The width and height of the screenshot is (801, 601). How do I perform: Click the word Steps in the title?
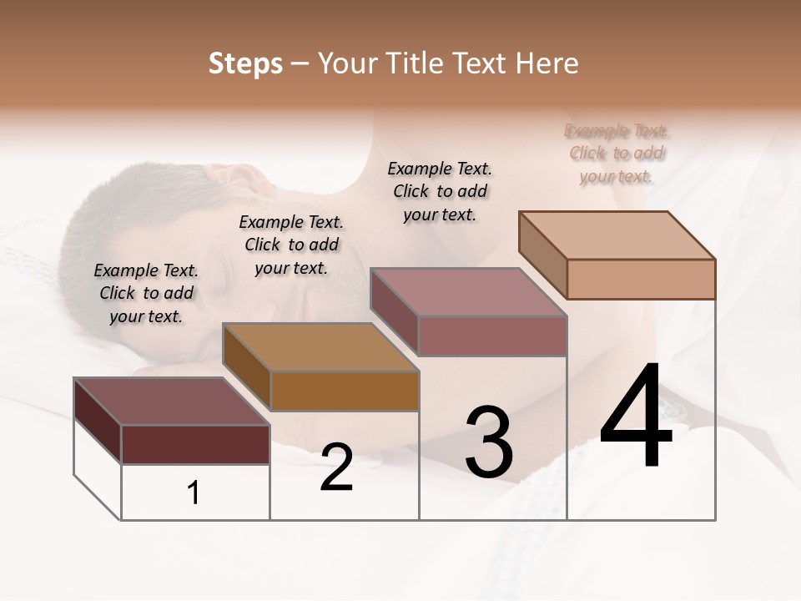tap(245, 63)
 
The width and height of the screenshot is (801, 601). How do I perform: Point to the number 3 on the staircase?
tap(488, 442)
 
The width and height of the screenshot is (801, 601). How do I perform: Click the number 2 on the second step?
tap(336, 468)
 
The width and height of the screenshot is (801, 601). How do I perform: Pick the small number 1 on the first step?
tap(194, 492)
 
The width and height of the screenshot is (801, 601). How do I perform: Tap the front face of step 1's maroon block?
tap(195, 444)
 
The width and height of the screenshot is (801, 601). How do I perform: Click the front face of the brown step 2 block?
tap(345, 391)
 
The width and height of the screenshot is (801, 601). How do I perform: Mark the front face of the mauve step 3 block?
tap(492, 336)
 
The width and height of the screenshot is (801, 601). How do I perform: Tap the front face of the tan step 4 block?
tap(641, 279)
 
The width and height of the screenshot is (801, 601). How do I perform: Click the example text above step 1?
tap(146, 293)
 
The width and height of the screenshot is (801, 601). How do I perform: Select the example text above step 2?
tap(291, 245)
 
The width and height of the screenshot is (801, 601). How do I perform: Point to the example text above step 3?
tap(440, 191)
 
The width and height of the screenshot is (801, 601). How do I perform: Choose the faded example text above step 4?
tap(617, 153)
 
